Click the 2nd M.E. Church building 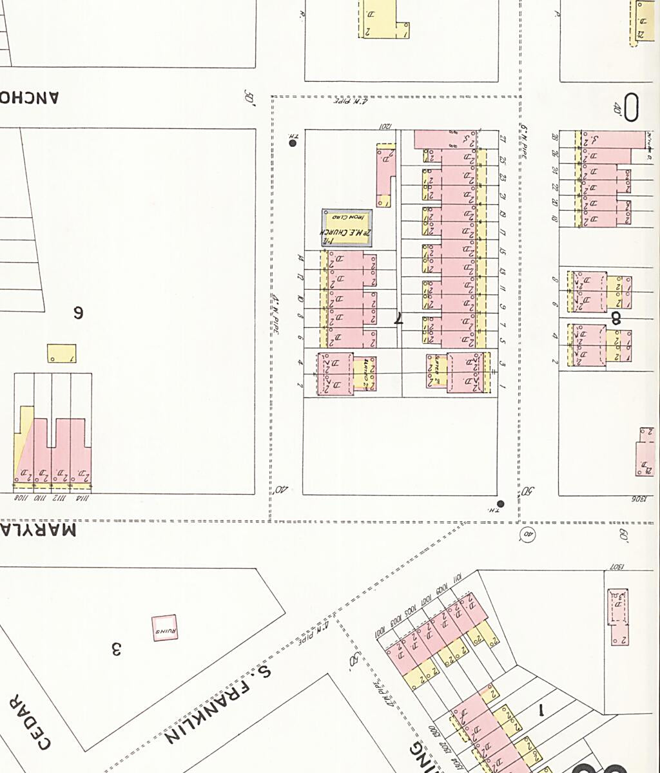pos(347,227)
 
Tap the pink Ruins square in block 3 pos(164,628)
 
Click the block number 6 pos(78,313)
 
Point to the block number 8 pos(616,317)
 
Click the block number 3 pos(117,649)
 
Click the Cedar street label pos(30,722)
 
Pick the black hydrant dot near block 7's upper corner pos(293,143)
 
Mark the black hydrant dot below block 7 pos(501,504)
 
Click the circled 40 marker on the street pos(528,534)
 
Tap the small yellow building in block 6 pos(61,354)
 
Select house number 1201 pos(385,126)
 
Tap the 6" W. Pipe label pos(524,140)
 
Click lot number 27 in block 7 pos(503,140)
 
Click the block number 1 pos(541,711)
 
